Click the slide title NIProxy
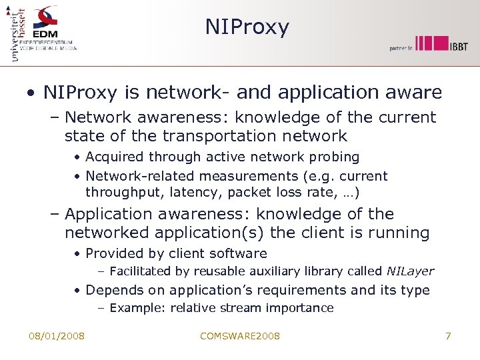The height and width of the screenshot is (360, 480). (x=247, y=27)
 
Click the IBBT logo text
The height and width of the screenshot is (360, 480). (x=458, y=45)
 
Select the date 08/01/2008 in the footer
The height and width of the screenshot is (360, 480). (x=57, y=336)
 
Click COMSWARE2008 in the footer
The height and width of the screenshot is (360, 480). (x=240, y=336)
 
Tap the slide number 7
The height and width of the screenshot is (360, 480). (x=448, y=336)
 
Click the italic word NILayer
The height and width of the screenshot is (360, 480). (x=410, y=271)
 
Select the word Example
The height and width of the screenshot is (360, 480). (x=137, y=308)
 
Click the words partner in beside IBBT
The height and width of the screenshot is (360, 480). (x=401, y=47)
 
